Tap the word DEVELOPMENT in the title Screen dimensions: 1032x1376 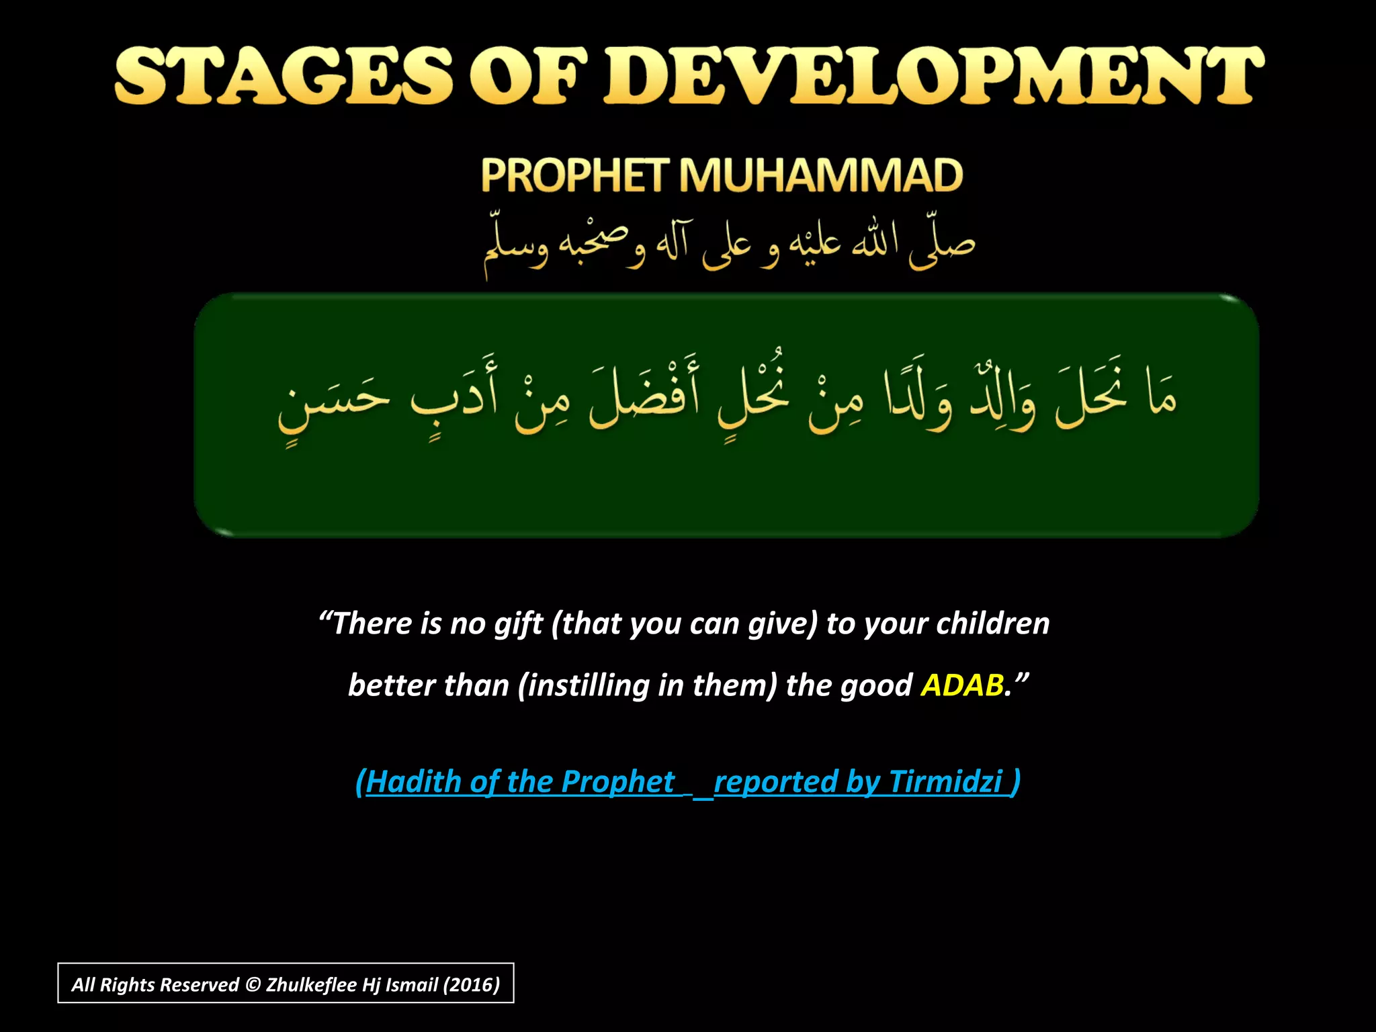coord(934,75)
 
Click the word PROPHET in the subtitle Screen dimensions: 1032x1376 coord(575,175)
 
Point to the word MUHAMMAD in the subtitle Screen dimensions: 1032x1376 coord(820,175)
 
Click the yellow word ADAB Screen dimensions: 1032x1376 coord(962,685)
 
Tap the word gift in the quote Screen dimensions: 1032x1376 coord(518,623)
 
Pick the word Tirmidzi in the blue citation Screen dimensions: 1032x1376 coord(945,781)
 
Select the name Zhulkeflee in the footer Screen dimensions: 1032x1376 coord(311,985)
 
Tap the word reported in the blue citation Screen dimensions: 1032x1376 coord(775,781)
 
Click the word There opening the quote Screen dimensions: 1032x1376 coord(372,623)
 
